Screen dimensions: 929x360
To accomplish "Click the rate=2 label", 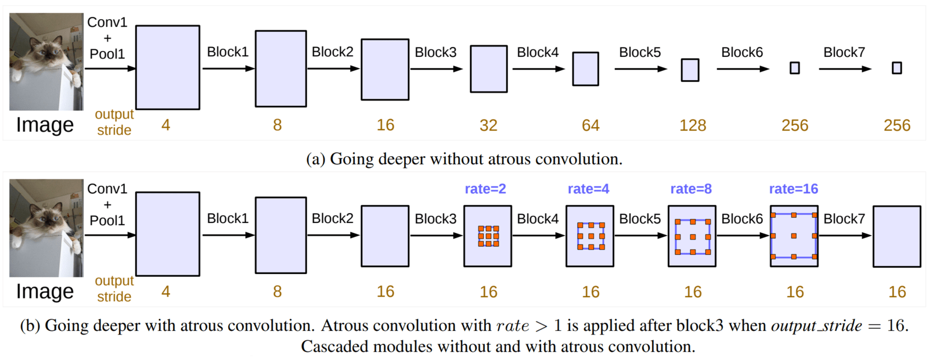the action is point(485,189).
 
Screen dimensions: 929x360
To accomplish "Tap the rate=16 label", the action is point(793,189).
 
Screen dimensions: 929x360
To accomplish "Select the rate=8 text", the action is point(691,189).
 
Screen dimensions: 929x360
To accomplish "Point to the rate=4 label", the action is point(589,189).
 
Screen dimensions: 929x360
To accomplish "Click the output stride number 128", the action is point(693,125).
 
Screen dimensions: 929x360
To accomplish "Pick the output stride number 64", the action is point(590,125).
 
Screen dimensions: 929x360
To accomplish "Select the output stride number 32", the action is point(488,125).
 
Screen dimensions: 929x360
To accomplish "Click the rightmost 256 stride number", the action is point(897,125).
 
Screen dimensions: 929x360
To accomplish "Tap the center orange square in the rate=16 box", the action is point(794,236).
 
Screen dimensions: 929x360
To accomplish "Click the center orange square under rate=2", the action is point(488,236).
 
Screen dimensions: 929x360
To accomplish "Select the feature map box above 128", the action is point(690,70).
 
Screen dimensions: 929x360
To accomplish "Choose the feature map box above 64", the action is point(586,69).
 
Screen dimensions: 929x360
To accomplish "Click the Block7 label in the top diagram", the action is point(844,52).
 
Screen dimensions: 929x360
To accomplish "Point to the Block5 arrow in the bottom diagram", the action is point(641,236).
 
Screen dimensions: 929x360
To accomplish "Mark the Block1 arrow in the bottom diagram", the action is point(229,235).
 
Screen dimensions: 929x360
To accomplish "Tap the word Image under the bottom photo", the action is point(45,291).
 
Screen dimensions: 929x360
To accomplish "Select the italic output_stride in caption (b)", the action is point(816,326).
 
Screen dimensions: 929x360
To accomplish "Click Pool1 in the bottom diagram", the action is point(107,220).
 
